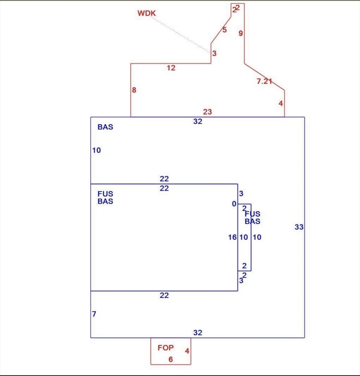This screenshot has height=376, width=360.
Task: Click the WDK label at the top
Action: click(146, 13)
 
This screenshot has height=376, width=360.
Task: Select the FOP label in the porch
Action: click(166, 348)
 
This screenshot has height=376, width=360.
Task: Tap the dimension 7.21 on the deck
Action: click(264, 81)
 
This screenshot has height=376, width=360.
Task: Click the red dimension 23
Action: click(207, 112)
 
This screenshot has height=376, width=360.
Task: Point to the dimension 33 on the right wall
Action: click(299, 227)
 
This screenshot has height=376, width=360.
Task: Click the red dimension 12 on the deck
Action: click(170, 68)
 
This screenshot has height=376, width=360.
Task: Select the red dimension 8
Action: click(134, 90)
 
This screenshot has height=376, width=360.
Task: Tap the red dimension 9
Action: click(240, 33)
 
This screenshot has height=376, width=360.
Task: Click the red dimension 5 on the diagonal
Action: click(224, 30)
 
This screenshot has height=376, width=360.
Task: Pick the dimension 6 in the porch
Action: click(170, 359)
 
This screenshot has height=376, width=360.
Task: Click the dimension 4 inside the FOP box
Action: click(187, 351)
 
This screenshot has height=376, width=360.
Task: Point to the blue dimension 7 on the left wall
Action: click(94, 314)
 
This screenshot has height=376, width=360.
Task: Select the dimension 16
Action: click(233, 237)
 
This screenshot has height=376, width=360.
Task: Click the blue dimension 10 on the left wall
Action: click(96, 150)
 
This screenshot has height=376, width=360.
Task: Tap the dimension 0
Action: click(234, 204)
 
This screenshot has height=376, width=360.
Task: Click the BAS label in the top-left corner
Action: click(105, 127)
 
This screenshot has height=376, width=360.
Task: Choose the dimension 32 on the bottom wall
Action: click(197, 333)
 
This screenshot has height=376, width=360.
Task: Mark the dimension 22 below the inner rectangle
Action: click(164, 295)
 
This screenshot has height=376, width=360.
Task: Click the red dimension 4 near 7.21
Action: click(281, 103)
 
